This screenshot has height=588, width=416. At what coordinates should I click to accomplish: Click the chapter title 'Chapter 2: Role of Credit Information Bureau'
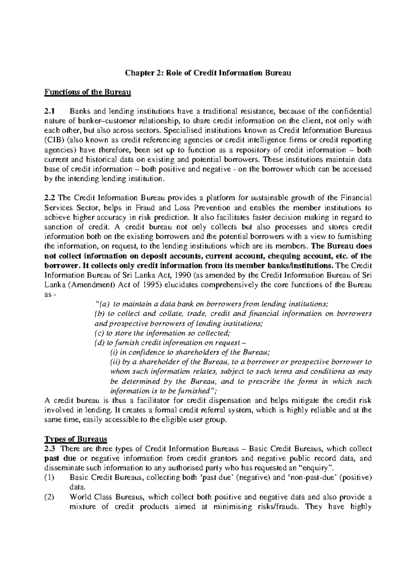(208, 73)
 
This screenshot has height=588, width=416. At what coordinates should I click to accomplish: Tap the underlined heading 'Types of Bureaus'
(76, 439)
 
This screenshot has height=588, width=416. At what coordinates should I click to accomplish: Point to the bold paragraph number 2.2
(50, 198)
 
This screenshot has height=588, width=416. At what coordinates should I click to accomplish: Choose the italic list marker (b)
(99, 314)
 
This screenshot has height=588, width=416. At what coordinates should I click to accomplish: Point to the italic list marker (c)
(99, 333)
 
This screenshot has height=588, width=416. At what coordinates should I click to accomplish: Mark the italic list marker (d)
(99, 343)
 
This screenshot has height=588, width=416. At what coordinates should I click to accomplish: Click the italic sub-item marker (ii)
(115, 362)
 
